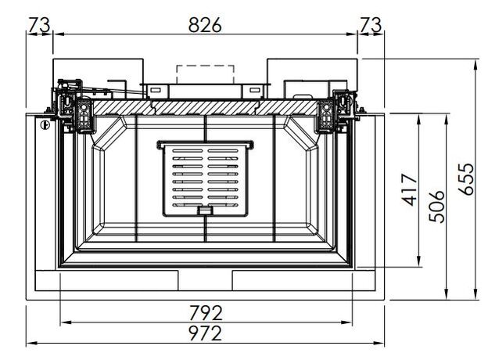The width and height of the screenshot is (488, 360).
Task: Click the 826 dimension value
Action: click(205, 25)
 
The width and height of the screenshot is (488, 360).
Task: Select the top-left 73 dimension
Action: click(39, 25)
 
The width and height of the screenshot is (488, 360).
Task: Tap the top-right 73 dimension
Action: click(371, 25)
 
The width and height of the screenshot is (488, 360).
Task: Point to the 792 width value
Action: click(206, 313)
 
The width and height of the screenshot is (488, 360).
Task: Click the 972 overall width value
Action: click(206, 333)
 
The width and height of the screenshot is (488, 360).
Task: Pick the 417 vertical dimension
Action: click(409, 189)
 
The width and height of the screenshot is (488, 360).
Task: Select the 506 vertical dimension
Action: click(436, 207)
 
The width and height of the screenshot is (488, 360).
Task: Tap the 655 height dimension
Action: click(465, 179)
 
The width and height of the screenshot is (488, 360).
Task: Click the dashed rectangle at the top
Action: click(205, 74)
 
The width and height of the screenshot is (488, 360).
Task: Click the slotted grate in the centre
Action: click(206, 178)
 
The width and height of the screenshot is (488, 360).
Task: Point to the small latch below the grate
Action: click(205, 211)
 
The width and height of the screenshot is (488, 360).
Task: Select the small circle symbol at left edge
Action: click(45, 125)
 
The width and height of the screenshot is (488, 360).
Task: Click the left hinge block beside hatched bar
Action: click(84, 117)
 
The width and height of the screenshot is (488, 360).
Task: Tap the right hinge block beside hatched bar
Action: click(326, 117)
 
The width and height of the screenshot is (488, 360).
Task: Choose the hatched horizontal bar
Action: click(205, 108)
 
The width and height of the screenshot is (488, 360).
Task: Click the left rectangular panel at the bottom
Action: click(106, 280)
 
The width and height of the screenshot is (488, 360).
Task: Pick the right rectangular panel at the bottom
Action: click(303, 280)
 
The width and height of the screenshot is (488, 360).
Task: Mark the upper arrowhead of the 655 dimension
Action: click(475, 66)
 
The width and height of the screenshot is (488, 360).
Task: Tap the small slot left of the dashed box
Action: click(156, 90)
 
